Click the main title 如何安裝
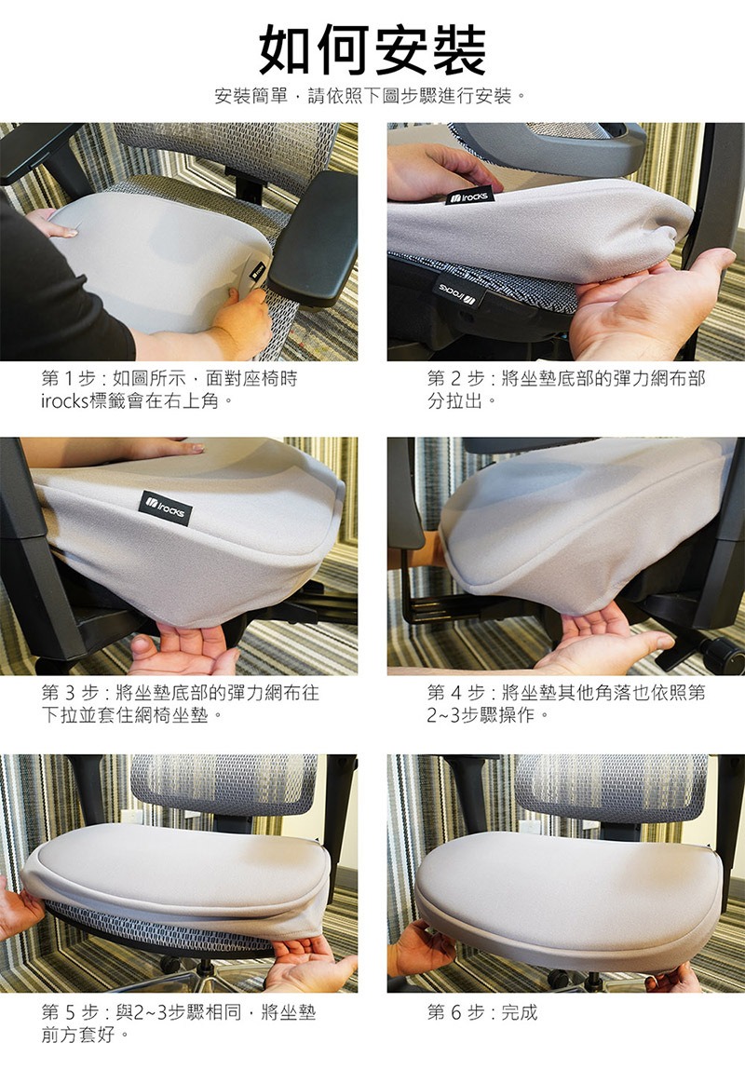pos(372,49)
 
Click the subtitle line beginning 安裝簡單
pos(372,96)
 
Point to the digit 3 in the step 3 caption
pos(71,694)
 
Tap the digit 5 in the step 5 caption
pos(71,1012)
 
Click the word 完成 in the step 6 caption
pos(520,1012)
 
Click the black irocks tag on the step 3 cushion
pos(165,508)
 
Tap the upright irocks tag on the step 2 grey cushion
pos(469,196)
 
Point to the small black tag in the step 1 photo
pos(257,272)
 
